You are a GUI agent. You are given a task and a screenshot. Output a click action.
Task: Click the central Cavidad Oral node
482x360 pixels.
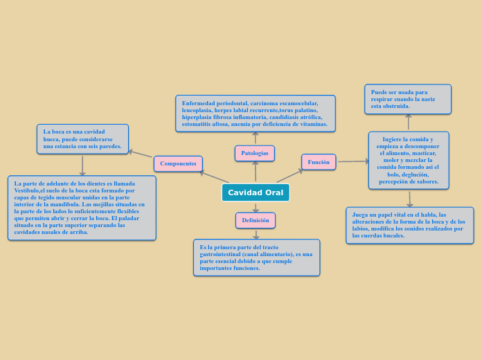pyautogui.click(x=256, y=192)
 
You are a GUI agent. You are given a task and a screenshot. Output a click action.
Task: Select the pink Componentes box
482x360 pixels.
pyautogui.click(x=178, y=163)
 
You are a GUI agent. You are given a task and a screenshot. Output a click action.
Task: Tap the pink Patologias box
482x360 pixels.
pyautogui.click(x=255, y=153)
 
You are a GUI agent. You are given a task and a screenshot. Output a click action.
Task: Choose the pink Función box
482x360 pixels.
pyautogui.click(x=319, y=162)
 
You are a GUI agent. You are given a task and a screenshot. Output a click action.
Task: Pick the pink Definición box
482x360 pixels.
pyautogui.click(x=256, y=220)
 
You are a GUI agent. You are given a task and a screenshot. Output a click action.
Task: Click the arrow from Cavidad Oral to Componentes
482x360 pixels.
pyautogui.click(x=214, y=177)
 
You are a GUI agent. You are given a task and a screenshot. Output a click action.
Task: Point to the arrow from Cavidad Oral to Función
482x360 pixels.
pyautogui.click(x=290, y=176)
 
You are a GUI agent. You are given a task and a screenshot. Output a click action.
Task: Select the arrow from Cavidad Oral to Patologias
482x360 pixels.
pyautogui.click(x=256, y=171)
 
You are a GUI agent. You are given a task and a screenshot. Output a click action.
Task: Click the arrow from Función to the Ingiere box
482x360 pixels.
pyautogui.click(x=353, y=161)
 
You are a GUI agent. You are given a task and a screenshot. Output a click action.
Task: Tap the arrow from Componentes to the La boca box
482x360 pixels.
pyautogui.click(x=140, y=154)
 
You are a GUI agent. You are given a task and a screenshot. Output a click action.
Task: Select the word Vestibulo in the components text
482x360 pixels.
pyautogui.click(x=26, y=190)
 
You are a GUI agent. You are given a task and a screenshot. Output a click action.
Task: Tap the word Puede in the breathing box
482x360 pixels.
pyautogui.click(x=379, y=92)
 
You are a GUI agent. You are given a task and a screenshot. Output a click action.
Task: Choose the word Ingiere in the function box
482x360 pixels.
pyautogui.click(x=392, y=139)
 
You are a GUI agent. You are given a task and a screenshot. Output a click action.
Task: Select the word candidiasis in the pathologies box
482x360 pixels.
pyautogui.click(x=284, y=117)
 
